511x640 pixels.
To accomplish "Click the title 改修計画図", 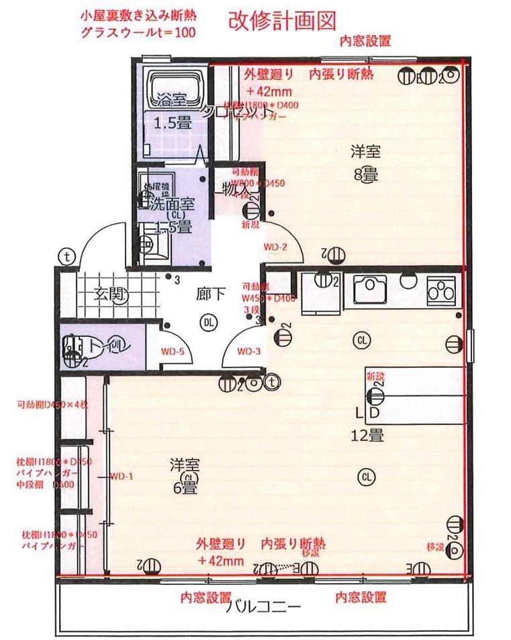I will click(x=281, y=23).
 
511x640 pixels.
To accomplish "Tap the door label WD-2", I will click(x=275, y=247).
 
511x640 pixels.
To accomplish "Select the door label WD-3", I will click(x=248, y=351).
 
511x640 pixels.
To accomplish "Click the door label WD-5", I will click(x=173, y=351).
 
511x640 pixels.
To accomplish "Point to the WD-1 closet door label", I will click(x=122, y=477).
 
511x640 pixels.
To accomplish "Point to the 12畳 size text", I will click(x=367, y=436).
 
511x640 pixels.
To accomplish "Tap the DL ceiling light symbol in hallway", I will click(x=210, y=323).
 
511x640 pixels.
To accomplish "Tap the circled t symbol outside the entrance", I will click(x=66, y=256).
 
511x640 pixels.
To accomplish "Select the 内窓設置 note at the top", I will click(x=365, y=42).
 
